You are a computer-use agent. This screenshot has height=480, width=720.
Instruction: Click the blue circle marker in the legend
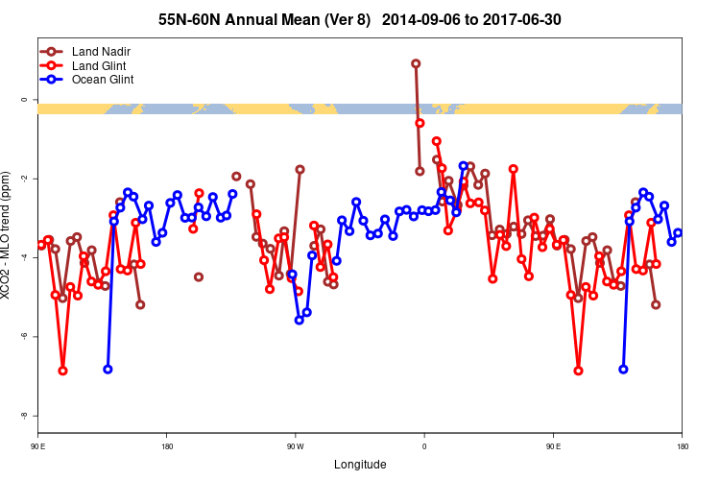point(53,79)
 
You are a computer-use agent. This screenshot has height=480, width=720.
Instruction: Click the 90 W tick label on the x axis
point(295,446)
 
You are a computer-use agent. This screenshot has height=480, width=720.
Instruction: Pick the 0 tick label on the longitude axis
point(424,446)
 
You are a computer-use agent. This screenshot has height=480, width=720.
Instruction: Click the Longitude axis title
point(360,465)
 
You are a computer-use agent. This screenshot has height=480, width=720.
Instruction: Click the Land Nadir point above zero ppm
point(416,63)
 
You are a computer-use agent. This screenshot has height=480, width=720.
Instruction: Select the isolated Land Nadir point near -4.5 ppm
point(199,277)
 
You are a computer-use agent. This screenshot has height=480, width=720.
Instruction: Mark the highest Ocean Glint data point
point(464,166)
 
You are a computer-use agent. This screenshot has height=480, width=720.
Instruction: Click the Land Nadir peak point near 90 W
point(300,169)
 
